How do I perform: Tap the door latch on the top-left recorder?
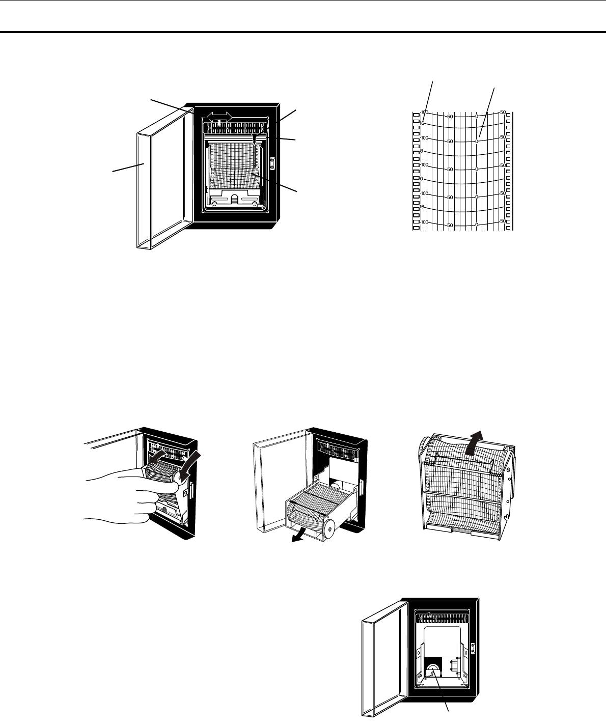coord(272,163)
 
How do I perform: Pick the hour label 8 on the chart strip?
coord(422,151)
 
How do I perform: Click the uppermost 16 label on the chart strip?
coord(422,123)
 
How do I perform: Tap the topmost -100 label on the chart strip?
coord(425,112)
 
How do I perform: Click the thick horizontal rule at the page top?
coord(303,33)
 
